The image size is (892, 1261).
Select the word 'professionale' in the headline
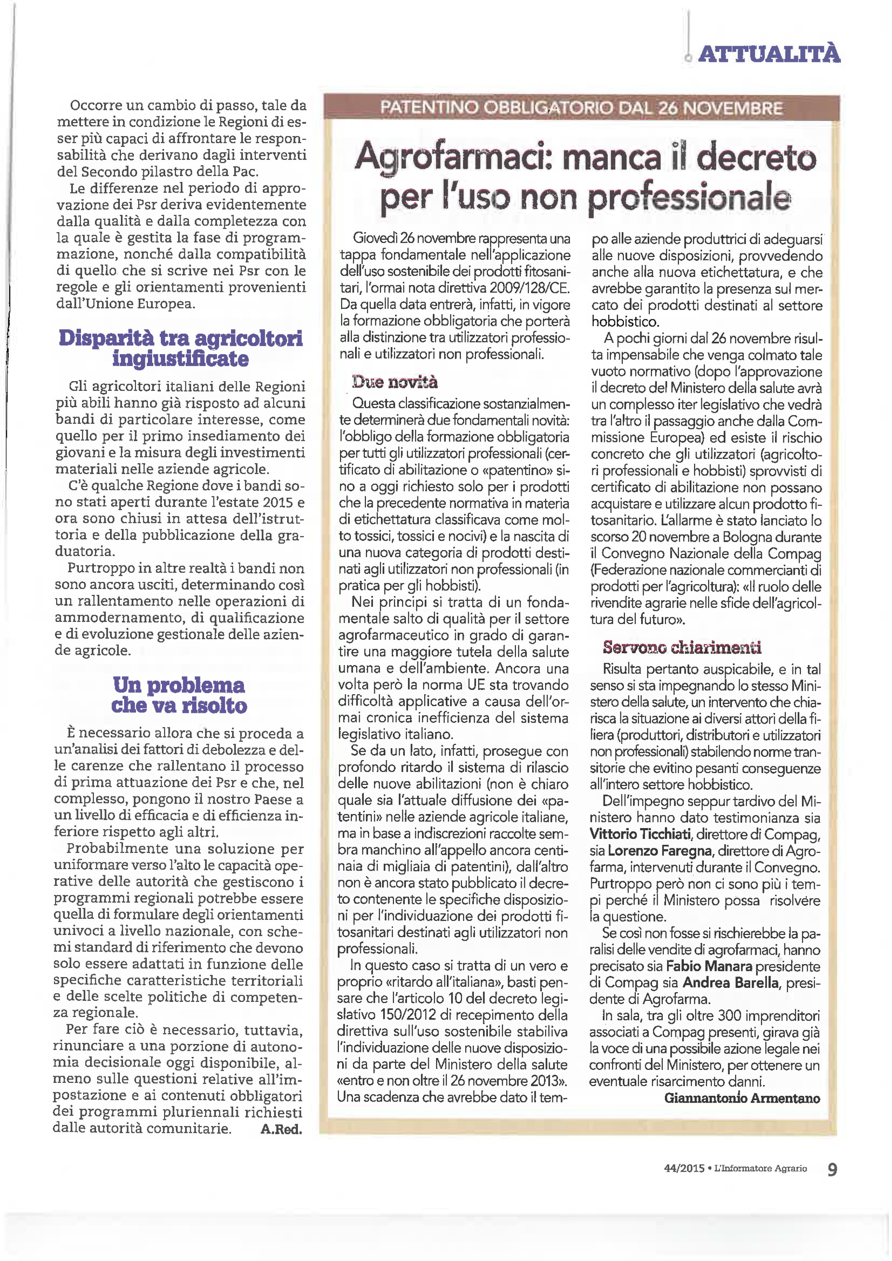[x=689, y=198]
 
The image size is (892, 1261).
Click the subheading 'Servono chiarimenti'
[x=682, y=647]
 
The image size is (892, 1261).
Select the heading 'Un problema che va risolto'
[x=179, y=695]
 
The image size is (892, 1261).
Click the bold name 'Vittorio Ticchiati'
[x=640, y=834]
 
